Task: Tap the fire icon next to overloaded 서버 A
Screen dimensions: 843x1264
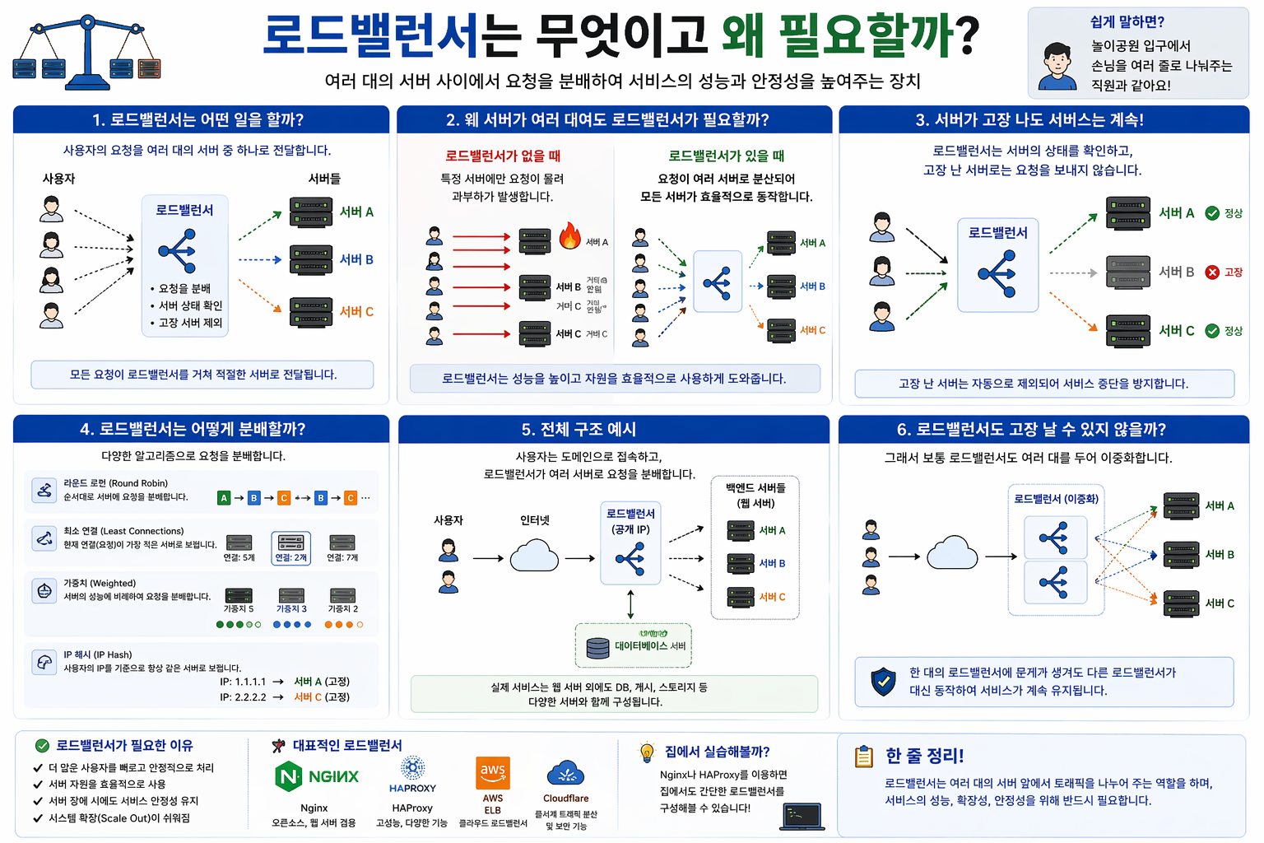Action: (x=569, y=236)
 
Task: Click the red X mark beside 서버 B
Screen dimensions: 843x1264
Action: (x=1212, y=272)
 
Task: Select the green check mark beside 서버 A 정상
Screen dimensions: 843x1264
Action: (x=1212, y=213)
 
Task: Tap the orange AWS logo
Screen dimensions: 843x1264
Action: (x=493, y=772)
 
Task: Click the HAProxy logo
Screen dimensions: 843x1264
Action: (x=412, y=770)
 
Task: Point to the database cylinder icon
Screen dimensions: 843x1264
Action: (x=597, y=648)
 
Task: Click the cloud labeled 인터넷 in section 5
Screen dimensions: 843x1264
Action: (x=535, y=556)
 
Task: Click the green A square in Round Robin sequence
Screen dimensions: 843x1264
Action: (x=224, y=498)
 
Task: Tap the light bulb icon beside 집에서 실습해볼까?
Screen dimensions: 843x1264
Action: (x=647, y=752)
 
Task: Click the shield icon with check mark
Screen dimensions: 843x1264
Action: (x=883, y=681)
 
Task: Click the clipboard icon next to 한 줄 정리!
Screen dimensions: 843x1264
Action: (x=864, y=756)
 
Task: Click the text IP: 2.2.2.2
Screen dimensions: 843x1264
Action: (x=243, y=697)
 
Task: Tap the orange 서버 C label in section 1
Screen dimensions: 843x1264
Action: (x=356, y=312)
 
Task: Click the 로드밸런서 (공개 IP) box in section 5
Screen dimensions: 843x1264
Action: (x=630, y=543)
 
